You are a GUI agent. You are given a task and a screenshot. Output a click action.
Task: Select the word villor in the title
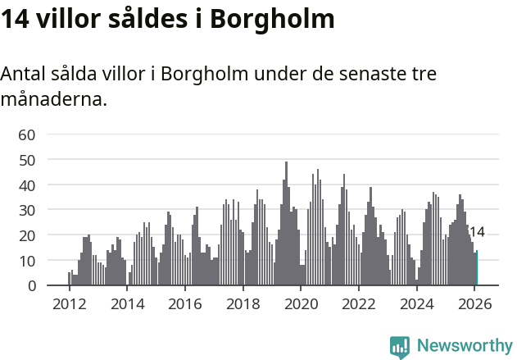[72, 19]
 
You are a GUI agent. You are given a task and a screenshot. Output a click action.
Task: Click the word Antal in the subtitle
[25, 74]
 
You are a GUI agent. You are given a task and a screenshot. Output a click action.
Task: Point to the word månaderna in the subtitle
[53, 101]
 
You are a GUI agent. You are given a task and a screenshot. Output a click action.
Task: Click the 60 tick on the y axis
[26, 134]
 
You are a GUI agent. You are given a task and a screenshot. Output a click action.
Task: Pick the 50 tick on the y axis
[26, 160]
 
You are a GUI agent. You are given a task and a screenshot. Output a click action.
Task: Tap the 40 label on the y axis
[26, 185]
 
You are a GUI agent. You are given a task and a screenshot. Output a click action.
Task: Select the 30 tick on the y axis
[26, 211]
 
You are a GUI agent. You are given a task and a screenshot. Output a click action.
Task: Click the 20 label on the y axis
[26, 235]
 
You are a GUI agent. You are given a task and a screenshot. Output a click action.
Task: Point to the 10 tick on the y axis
[26, 261]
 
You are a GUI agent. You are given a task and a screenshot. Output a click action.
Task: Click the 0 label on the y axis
[30, 286]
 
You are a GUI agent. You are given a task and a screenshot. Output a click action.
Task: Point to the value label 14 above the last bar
[477, 232]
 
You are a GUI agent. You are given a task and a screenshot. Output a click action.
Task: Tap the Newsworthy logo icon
[400, 347]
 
